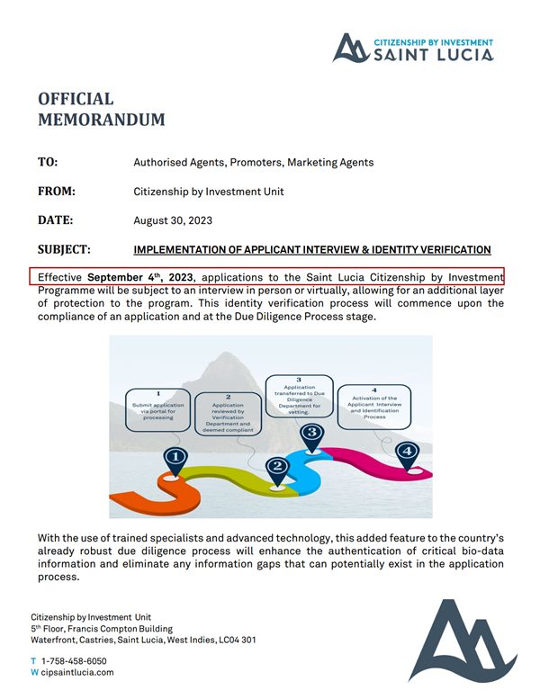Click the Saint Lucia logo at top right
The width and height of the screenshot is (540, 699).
pyautogui.click(x=413, y=48)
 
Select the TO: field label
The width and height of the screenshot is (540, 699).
pyautogui.click(x=48, y=162)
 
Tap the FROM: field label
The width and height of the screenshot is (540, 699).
pyautogui.click(x=56, y=191)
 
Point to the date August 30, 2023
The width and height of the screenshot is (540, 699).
pyautogui.click(x=173, y=220)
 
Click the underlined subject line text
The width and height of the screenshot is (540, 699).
pyautogui.click(x=311, y=250)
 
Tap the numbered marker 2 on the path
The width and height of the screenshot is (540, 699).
pyautogui.click(x=278, y=466)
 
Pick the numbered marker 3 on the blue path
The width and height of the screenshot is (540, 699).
pyautogui.click(x=312, y=433)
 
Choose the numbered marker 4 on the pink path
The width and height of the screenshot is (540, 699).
pyautogui.click(x=408, y=451)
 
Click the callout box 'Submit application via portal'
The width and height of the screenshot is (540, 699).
pyautogui.click(x=158, y=406)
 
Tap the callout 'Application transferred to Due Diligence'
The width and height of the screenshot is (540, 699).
pyautogui.click(x=299, y=392)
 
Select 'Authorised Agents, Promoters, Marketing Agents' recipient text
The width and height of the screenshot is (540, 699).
pyautogui.click(x=253, y=163)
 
